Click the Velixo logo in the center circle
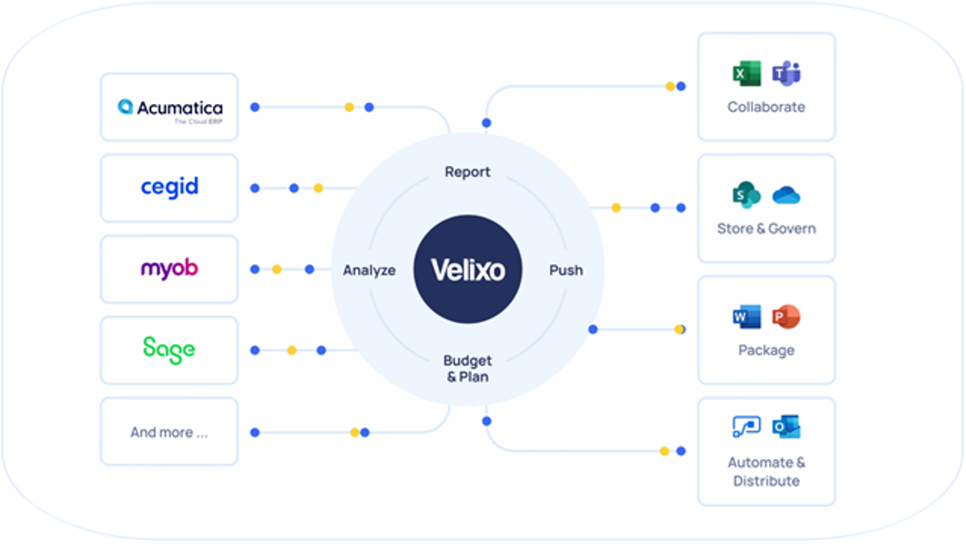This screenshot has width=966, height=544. pyautogui.click(x=468, y=270)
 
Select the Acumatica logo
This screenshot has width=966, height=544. pyautogui.click(x=170, y=108)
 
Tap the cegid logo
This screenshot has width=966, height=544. pyautogui.click(x=169, y=187)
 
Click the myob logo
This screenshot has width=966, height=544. pyautogui.click(x=169, y=269)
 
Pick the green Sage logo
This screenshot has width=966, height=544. pyautogui.click(x=169, y=349)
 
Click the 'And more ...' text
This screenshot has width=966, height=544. pyautogui.click(x=169, y=432)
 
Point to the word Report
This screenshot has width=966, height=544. pyautogui.click(x=467, y=172)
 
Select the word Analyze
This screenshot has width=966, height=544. pyautogui.click(x=369, y=270)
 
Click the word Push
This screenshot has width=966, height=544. pyautogui.click(x=566, y=270)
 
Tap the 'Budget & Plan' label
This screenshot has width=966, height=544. pyautogui.click(x=467, y=369)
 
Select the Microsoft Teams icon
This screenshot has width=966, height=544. pyautogui.click(x=786, y=74)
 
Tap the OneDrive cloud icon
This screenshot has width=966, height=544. pyautogui.click(x=786, y=195)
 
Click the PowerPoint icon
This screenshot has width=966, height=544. pyautogui.click(x=786, y=317)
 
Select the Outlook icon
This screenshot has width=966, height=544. pyautogui.click(x=786, y=426)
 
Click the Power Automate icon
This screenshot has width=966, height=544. pyautogui.click(x=747, y=426)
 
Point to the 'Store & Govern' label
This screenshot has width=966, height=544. pyautogui.click(x=766, y=229)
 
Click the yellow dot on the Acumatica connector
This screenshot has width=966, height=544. pyautogui.click(x=349, y=107)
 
